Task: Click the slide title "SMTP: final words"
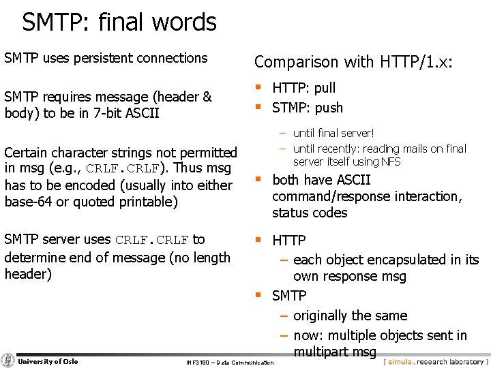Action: (119, 22)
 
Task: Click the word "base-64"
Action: (27, 202)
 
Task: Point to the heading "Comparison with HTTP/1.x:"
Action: (353, 62)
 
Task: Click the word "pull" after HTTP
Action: (325, 88)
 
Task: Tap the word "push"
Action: (329, 108)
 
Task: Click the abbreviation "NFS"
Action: (391, 162)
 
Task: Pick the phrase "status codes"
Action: (310, 213)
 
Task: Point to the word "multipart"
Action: (323, 352)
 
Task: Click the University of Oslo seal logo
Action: (8, 361)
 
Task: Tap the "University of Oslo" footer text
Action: (48, 361)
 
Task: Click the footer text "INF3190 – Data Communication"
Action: (230, 363)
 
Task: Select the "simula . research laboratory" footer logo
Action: (435, 362)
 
